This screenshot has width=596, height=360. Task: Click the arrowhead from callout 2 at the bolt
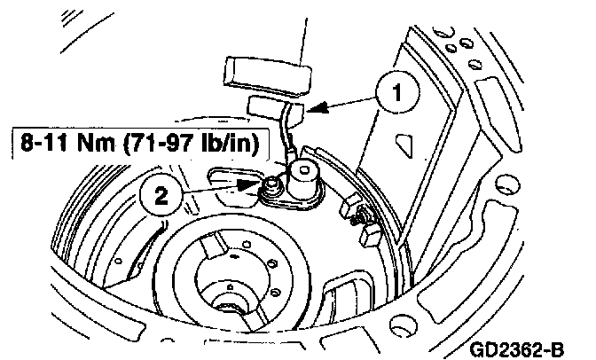pos(243,185)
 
